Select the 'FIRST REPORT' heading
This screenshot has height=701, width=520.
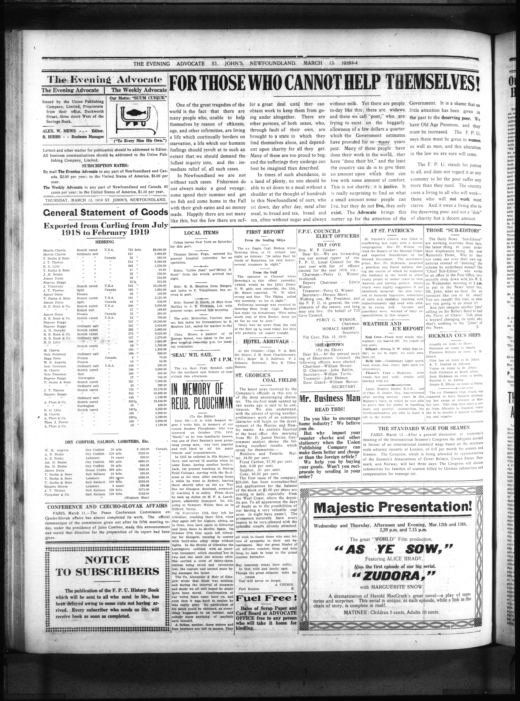pyautogui.click(x=265, y=232)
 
